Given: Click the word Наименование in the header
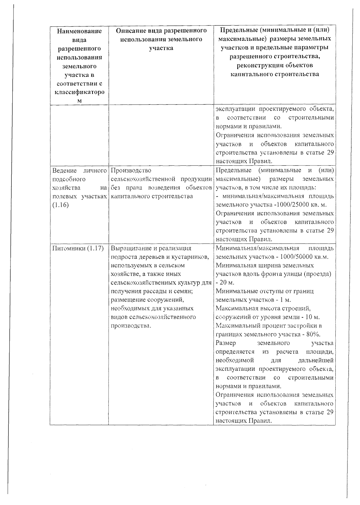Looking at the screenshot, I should (79, 31).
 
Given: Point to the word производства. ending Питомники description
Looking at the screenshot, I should (131, 326).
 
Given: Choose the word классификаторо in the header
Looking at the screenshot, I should (79, 92).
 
